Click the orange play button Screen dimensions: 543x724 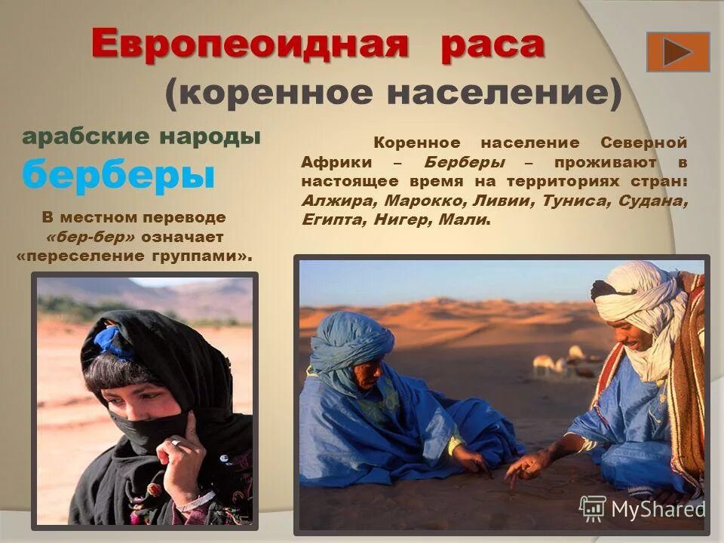click(678, 52)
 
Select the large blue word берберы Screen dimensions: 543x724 click(118, 174)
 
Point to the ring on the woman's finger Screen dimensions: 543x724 click(175, 442)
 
